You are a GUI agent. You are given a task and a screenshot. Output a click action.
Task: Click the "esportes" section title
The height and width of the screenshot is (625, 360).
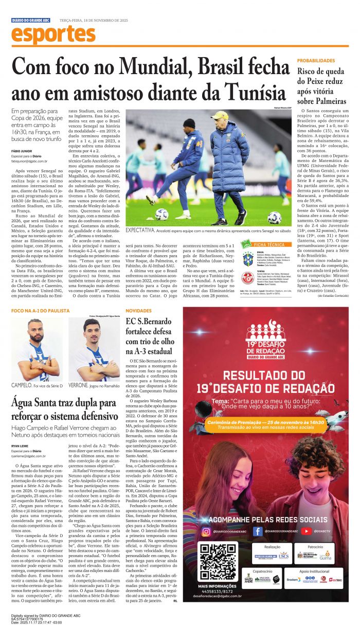click(53, 34)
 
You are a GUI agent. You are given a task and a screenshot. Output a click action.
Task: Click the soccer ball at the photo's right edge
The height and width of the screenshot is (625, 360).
click(275, 217)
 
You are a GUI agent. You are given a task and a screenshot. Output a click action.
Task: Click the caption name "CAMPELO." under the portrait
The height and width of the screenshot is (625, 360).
click(22, 385)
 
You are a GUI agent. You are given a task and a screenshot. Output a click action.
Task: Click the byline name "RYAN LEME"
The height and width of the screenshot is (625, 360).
click(20, 445)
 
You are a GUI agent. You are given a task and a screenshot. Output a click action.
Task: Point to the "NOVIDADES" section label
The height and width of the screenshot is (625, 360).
click(138, 311)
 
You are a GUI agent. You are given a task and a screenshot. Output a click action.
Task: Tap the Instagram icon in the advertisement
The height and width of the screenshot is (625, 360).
click(206, 531)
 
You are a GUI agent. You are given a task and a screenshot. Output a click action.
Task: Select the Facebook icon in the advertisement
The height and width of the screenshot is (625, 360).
click(258, 531)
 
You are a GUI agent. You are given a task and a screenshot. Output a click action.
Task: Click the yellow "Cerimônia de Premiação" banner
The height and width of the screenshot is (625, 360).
click(265, 422)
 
